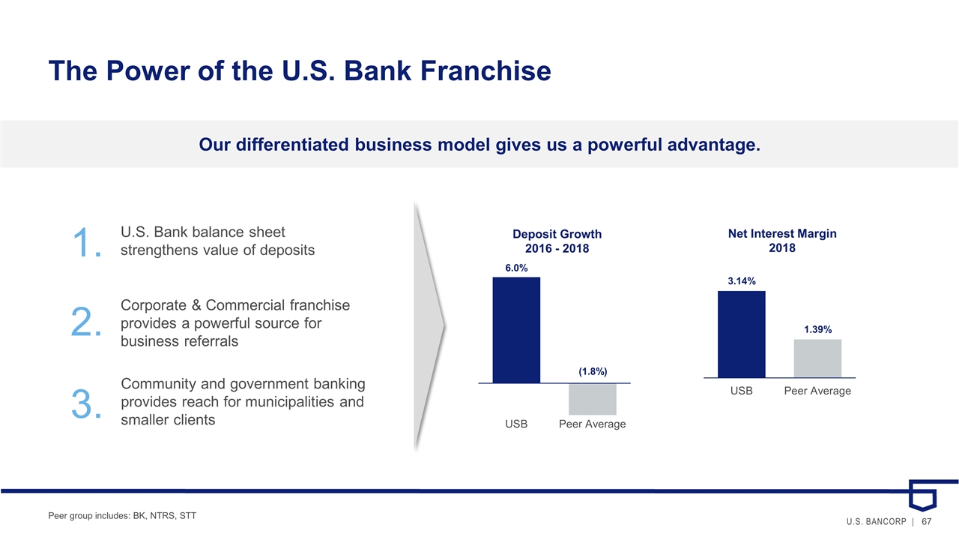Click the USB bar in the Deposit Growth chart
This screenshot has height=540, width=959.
[x=516, y=330]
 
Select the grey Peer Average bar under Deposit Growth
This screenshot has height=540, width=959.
[x=593, y=399]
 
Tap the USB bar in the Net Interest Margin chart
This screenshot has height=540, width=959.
[x=742, y=334]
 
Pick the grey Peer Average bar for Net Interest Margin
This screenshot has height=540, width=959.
[x=817, y=358]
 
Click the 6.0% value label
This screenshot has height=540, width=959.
[x=516, y=268]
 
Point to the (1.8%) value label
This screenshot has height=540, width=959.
[x=593, y=371]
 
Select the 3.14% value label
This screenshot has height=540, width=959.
[x=742, y=281]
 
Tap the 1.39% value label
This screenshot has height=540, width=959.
[x=817, y=329]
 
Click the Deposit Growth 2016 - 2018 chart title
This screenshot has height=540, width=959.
[x=557, y=241]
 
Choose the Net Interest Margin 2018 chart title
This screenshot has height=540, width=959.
[x=782, y=241]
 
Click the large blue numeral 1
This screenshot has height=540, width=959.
[x=87, y=242]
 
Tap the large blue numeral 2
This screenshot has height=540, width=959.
[x=86, y=322]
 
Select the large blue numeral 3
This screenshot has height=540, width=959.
[x=86, y=403]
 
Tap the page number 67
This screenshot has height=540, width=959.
[x=927, y=521]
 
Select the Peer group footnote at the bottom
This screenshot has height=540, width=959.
[x=122, y=515]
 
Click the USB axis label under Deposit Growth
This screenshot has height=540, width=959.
[x=516, y=424]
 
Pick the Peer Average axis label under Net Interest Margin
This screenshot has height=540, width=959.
[x=817, y=391]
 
